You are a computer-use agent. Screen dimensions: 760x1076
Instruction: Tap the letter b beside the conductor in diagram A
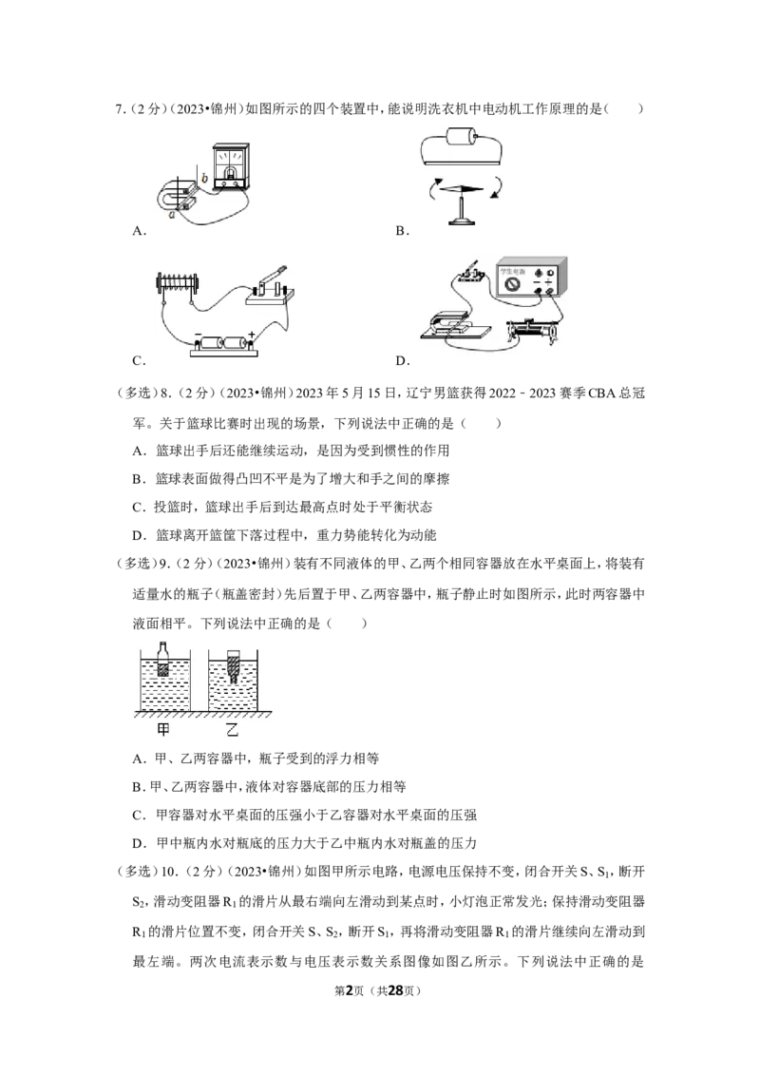coord(204,179)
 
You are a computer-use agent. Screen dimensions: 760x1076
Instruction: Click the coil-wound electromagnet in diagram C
coord(178,281)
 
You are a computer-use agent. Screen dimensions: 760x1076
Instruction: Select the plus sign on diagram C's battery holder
coord(252,335)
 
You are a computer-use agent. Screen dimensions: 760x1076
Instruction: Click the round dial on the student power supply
coord(512,284)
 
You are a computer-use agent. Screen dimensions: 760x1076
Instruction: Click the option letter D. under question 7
coord(403,361)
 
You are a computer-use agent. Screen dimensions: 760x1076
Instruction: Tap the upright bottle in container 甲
coord(162,660)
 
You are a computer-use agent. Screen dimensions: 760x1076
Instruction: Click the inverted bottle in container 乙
coord(233,665)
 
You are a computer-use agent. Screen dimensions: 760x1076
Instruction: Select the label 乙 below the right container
coord(233,729)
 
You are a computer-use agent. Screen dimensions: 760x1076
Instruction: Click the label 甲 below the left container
coord(163,729)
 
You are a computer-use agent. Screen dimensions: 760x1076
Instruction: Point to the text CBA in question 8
coord(602,394)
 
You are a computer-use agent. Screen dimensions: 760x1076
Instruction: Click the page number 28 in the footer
coord(395,990)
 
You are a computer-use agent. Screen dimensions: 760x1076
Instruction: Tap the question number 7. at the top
coord(120,108)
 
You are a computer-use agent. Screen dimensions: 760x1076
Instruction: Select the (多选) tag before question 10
coord(137,872)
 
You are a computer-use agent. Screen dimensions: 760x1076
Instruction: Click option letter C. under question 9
coord(140,816)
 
